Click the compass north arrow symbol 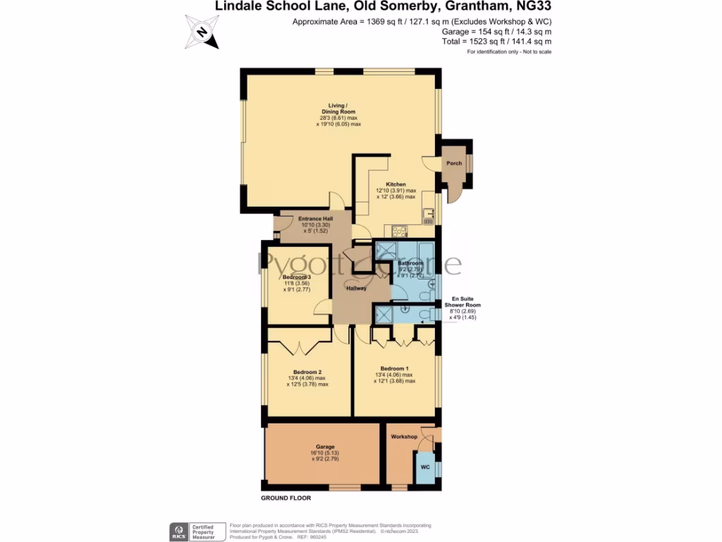(202, 32)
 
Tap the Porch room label (454, 163)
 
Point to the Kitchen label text (396, 184)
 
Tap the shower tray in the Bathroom (386, 251)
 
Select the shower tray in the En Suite (384, 314)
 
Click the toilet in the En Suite (425, 314)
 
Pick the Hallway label (357, 288)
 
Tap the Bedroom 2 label (307, 372)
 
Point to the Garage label (324, 447)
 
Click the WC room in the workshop (425, 468)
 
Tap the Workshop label (405, 437)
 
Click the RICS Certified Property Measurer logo (197, 531)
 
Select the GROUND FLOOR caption (286, 498)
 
